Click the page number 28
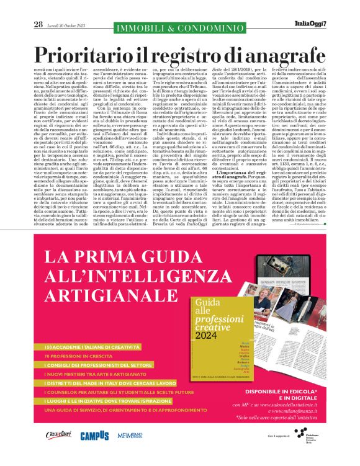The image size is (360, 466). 38,24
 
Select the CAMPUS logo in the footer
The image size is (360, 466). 94,436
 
